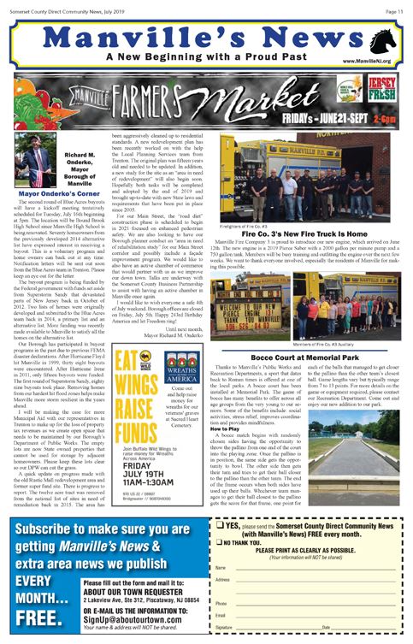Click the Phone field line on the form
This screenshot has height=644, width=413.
316,602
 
